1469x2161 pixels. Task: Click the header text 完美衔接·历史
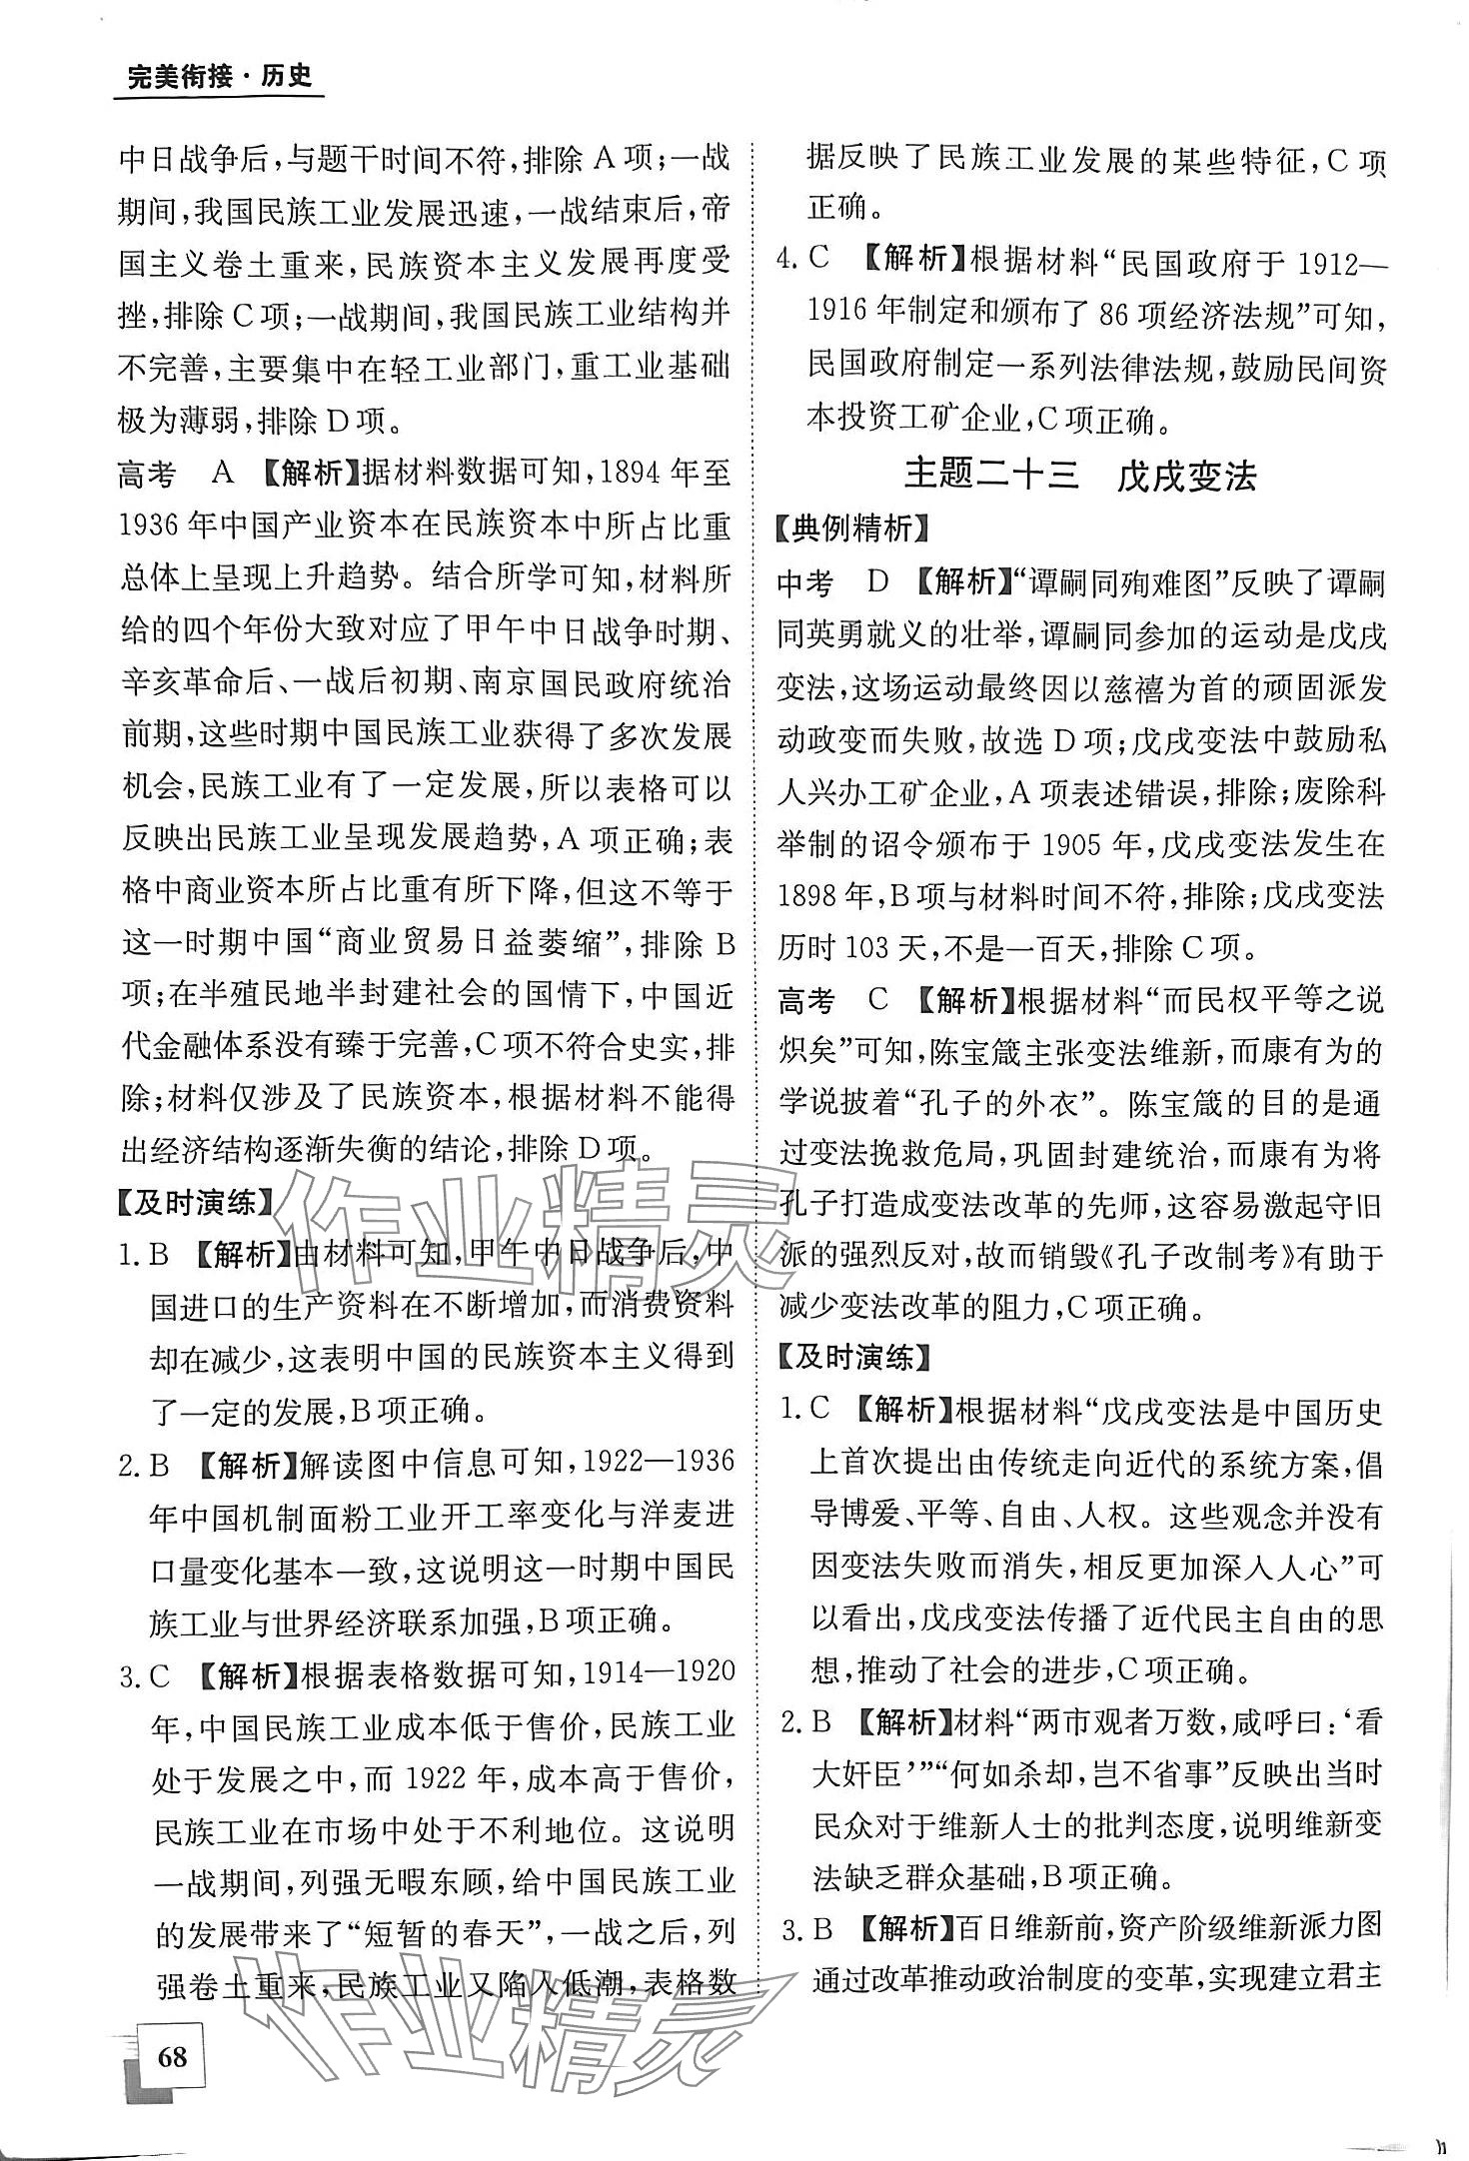pyautogui.click(x=219, y=77)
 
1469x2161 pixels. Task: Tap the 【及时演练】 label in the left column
pyautogui.click(x=195, y=1203)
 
